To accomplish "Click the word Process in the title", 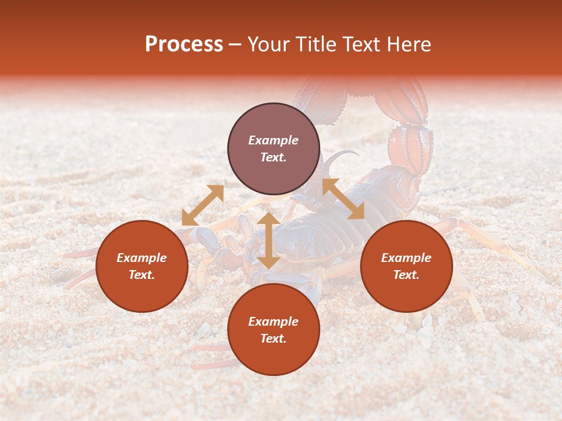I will tap(184, 44).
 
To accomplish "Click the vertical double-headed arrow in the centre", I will tap(269, 240).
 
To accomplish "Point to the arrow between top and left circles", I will tap(203, 205).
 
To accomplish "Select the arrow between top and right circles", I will tap(343, 199).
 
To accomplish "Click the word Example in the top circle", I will tap(273, 140).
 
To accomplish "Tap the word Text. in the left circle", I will tap(142, 275).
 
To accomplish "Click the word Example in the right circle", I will tap(406, 258).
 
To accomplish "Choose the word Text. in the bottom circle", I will tap(273, 339).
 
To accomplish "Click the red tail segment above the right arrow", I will tap(410, 149).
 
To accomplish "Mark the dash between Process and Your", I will tap(235, 45).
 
